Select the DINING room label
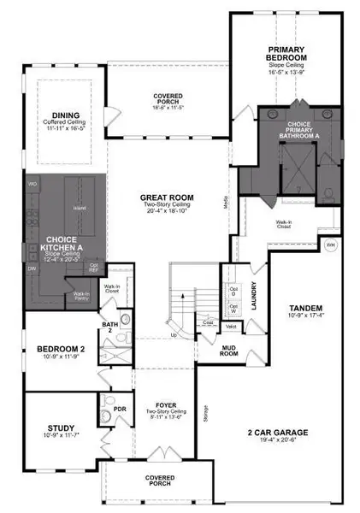66,116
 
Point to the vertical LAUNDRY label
254,295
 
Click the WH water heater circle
331,245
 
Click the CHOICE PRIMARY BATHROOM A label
292,130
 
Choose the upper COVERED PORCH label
167,99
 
